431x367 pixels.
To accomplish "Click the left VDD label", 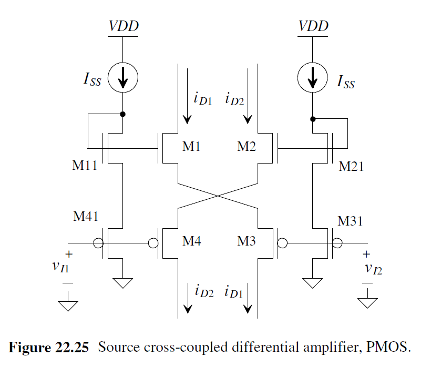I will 124,26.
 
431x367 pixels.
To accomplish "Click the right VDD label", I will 313,26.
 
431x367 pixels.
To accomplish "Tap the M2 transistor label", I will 245,147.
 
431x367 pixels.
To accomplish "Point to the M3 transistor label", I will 245,241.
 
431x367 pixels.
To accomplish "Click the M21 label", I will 351,167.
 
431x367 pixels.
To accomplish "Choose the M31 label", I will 351,220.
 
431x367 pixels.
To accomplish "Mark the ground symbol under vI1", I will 68,306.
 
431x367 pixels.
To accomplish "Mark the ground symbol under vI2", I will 367,303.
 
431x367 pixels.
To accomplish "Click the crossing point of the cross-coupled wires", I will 218,196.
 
